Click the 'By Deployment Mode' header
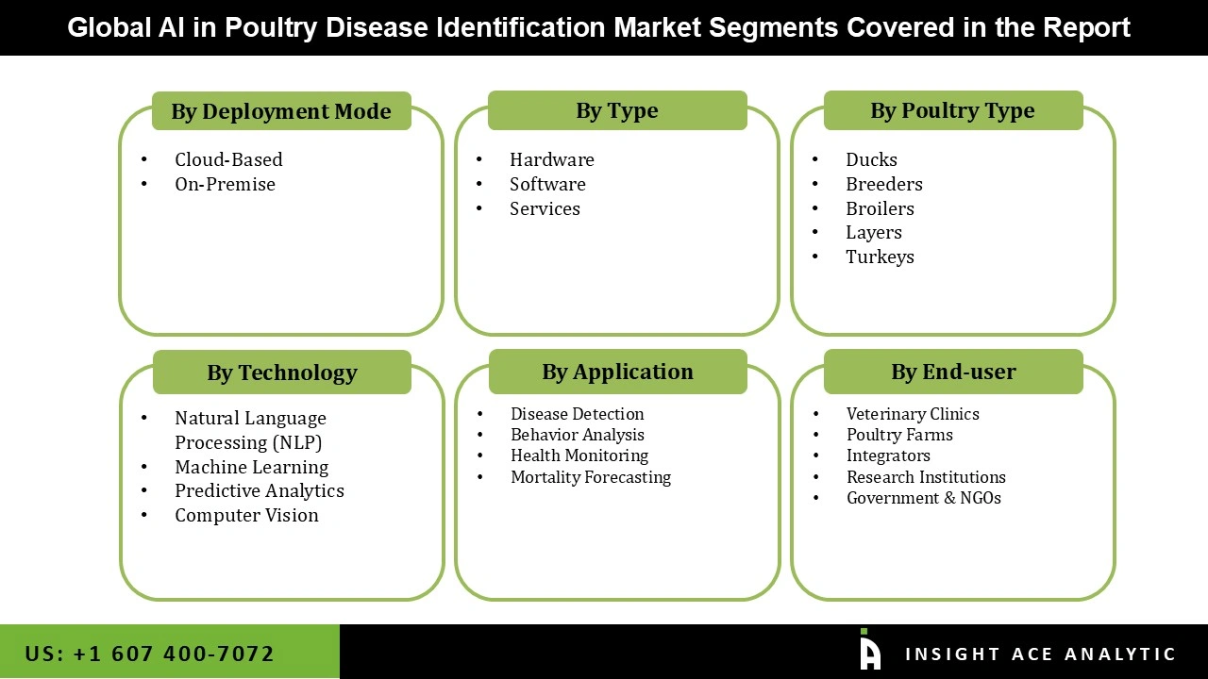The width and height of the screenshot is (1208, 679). pyautogui.click(x=281, y=111)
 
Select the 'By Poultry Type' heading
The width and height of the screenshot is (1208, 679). pyautogui.click(x=952, y=110)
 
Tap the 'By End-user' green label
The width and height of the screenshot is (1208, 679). pyautogui.click(x=953, y=372)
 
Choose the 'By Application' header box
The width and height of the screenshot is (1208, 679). pyautogui.click(x=617, y=372)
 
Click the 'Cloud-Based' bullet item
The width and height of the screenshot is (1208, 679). pyautogui.click(x=228, y=159)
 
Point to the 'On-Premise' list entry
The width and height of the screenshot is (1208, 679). pyautogui.click(x=225, y=184)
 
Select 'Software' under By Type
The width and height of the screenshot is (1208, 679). pyautogui.click(x=547, y=184)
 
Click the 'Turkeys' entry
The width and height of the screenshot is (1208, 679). pyautogui.click(x=880, y=257)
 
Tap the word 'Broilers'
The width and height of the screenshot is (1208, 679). pyautogui.click(x=880, y=208)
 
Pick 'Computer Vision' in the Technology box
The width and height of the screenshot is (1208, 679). pyautogui.click(x=246, y=515)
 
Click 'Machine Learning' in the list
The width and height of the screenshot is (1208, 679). pyautogui.click(x=251, y=467)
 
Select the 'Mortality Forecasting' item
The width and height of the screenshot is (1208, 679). pyautogui.click(x=591, y=477)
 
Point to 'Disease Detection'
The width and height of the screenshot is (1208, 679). pyautogui.click(x=577, y=414)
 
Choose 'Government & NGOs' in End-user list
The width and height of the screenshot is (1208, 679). pyautogui.click(x=923, y=498)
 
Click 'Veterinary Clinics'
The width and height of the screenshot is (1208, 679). pyautogui.click(x=913, y=414)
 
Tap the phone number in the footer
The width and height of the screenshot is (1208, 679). pyautogui.click(x=150, y=654)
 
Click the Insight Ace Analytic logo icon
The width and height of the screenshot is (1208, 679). pyautogui.click(x=869, y=651)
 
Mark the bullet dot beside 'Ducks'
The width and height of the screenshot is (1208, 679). pyautogui.click(x=815, y=160)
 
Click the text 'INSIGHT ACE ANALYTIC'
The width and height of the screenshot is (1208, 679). pyautogui.click(x=1040, y=654)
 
